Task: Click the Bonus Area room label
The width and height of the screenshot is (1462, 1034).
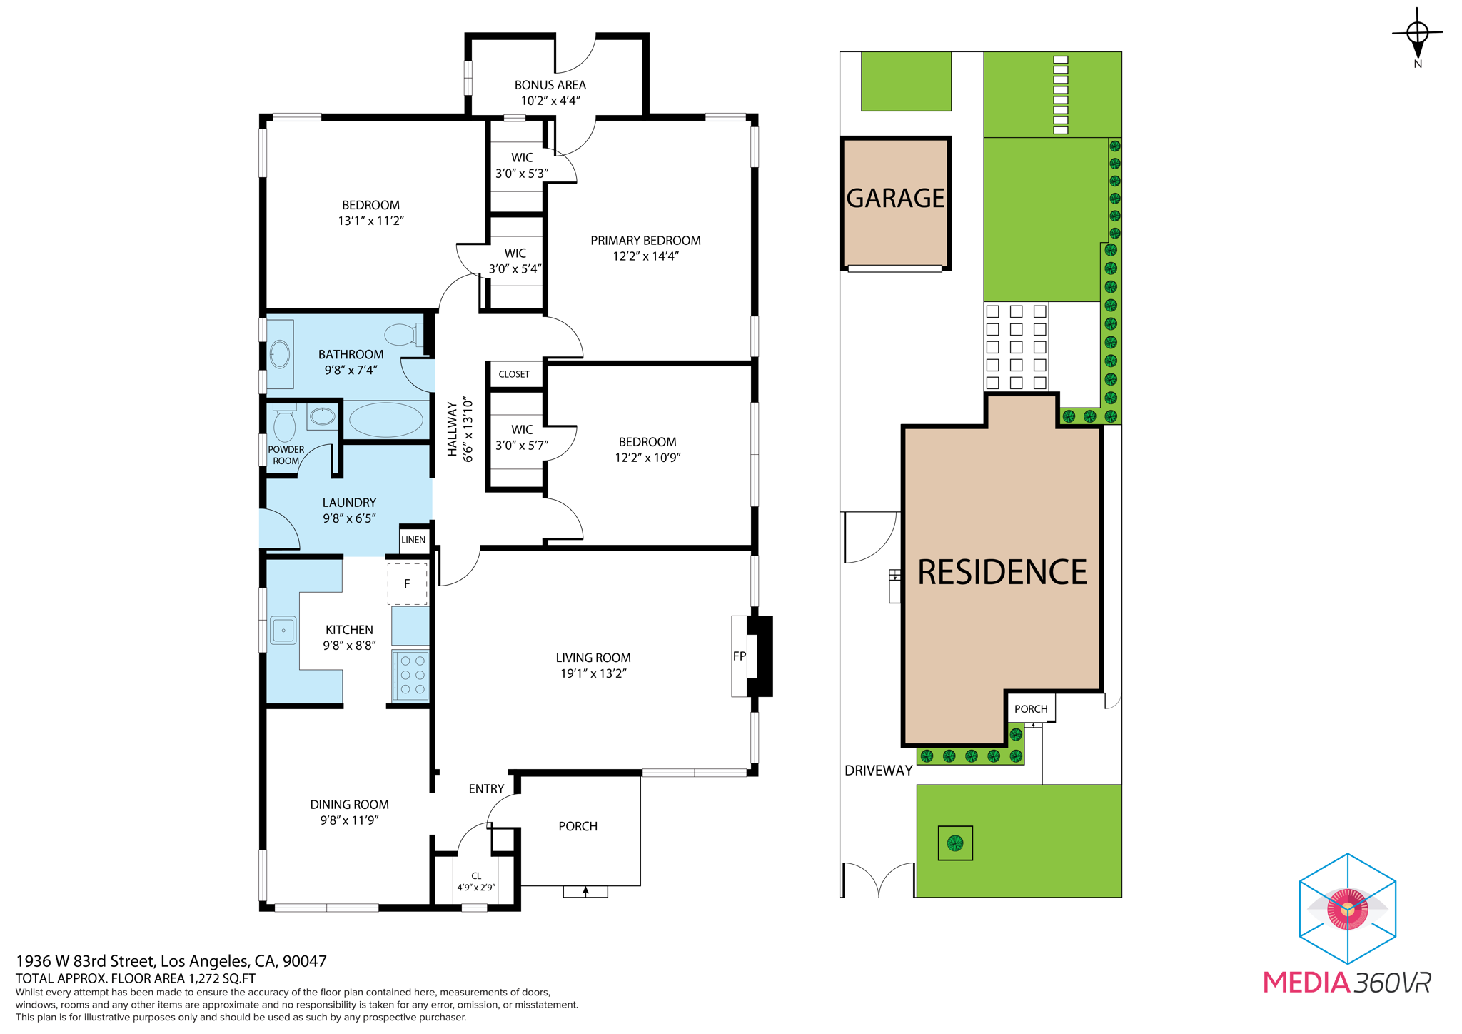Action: (x=550, y=85)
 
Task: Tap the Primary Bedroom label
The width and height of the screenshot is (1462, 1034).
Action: (x=645, y=241)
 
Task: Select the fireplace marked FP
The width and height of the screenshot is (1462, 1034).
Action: (x=752, y=656)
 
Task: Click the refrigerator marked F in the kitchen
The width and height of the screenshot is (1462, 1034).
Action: (x=407, y=583)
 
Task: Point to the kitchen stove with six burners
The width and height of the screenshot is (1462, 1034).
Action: (x=410, y=675)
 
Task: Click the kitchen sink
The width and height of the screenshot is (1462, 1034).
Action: (x=283, y=630)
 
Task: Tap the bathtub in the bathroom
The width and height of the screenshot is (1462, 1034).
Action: (x=385, y=420)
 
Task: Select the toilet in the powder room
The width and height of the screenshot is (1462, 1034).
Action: (x=284, y=423)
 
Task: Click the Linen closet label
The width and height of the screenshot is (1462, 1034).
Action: (x=413, y=540)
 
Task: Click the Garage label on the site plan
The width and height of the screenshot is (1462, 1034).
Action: (x=895, y=198)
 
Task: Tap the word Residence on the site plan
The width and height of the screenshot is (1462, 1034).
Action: (x=1002, y=572)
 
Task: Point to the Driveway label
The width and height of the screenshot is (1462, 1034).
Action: (x=878, y=771)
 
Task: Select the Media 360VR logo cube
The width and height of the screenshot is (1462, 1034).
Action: (x=1347, y=908)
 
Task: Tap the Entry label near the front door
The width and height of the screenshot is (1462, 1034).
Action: (x=486, y=789)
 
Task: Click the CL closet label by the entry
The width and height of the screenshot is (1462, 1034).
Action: (x=476, y=876)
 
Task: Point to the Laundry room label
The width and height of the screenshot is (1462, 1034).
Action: (x=349, y=503)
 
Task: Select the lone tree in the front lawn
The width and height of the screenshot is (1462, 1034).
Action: (x=955, y=843)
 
